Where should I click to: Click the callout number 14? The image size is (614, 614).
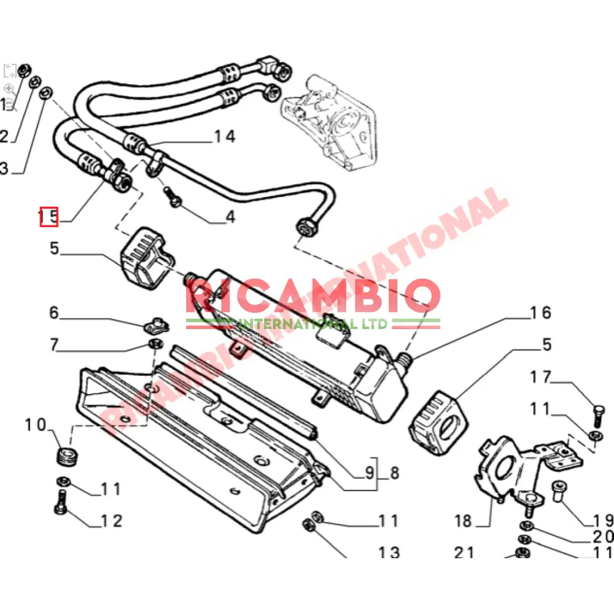point(224,136)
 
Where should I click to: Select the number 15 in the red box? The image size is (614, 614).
point(49,216)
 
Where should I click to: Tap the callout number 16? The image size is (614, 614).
point(540,313)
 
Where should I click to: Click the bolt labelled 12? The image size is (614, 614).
point(62,502)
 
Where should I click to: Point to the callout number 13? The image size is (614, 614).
point(389,553)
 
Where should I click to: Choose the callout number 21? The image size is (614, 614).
point(464,553)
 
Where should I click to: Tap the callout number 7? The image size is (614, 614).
point(54,345)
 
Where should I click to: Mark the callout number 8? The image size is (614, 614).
point(393,473)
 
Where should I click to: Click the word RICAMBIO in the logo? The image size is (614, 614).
point(313,297)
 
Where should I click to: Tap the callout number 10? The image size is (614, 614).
point(36,424)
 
